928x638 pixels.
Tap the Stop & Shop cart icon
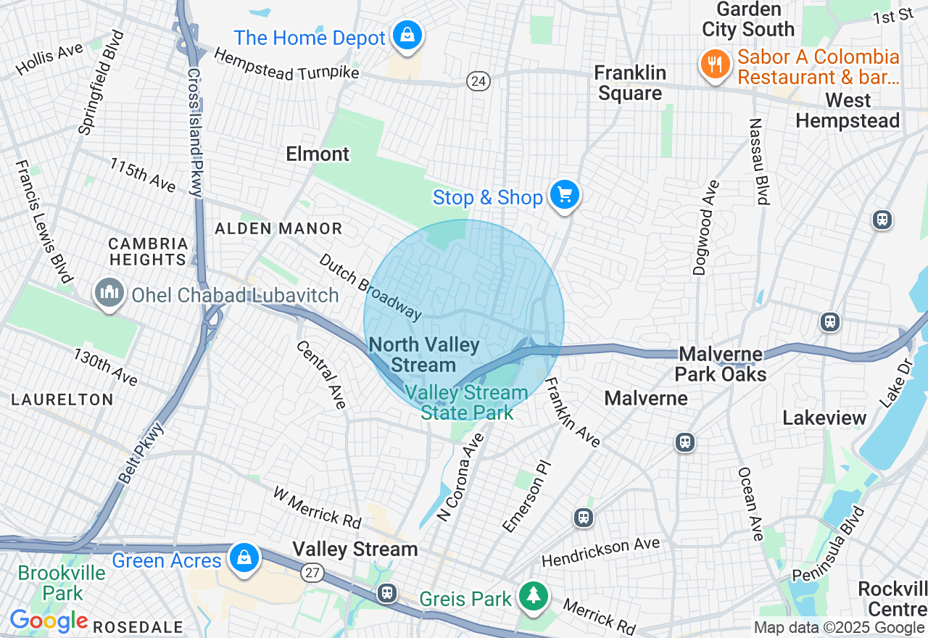(x=564, y=195)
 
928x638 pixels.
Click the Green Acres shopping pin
(x=245, y=558)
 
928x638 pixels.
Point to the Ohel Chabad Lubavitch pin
(x=109, y=294)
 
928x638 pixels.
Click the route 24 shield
(x=478, y=81)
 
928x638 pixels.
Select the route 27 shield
(x=313, y=573)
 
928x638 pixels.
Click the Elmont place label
(x=318, y=154)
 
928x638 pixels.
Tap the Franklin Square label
(x=629, y=83)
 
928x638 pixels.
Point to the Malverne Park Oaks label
(x=721, y=364)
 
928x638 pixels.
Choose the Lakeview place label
(x=824, y=418)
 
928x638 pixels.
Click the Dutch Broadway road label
(x=370, y=286)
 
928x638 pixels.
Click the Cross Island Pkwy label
(x=194, y=132)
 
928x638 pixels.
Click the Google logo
(x=49, y=621)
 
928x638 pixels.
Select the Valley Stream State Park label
(x=467, y=402)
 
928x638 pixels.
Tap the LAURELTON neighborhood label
(x=62, y=399)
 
